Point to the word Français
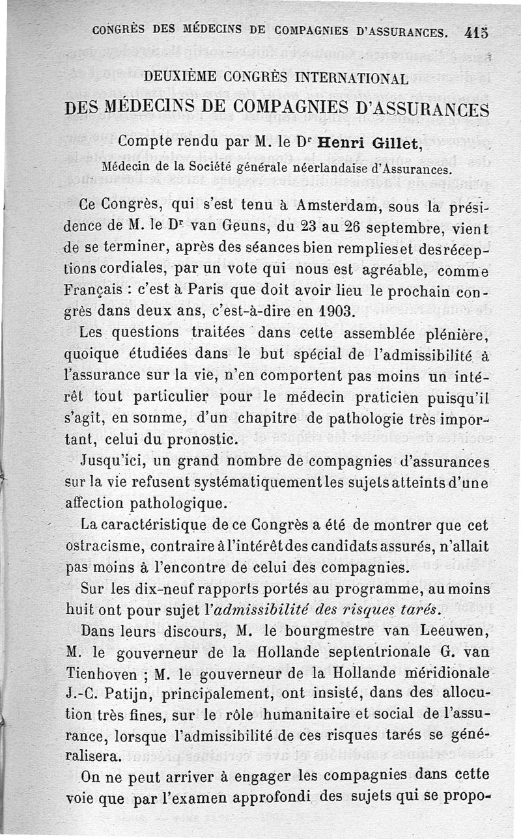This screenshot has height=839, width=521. pos(99,288)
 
